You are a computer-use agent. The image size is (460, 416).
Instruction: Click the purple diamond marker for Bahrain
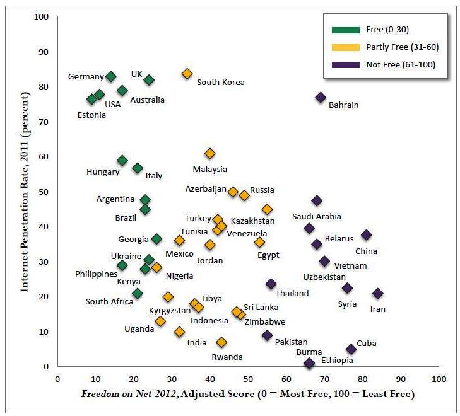coord(321,97)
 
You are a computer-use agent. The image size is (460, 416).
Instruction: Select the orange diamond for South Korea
coord(187,74)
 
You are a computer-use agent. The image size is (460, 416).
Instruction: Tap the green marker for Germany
coord(111,76)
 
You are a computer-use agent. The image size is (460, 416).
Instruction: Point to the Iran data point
coord(378,293)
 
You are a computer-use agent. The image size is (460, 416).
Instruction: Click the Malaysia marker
coord(210,153)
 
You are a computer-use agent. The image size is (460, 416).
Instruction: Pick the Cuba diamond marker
coord(351,349)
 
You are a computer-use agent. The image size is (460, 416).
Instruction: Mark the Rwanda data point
coord(221,342)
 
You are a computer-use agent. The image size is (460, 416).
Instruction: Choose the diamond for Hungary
coord(122,160)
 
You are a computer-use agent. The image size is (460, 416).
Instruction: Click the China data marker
coord(367,234)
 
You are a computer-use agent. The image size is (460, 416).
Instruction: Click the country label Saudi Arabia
coord(316,217)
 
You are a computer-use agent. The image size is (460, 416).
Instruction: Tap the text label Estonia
coord(91,115)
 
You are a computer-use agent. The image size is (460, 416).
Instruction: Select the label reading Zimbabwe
coord(264,321)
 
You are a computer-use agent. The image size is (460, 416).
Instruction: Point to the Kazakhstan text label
coord(252,221)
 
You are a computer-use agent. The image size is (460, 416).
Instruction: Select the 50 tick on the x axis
coord(249,379)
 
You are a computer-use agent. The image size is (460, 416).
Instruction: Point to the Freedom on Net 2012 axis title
coord(247,395)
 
